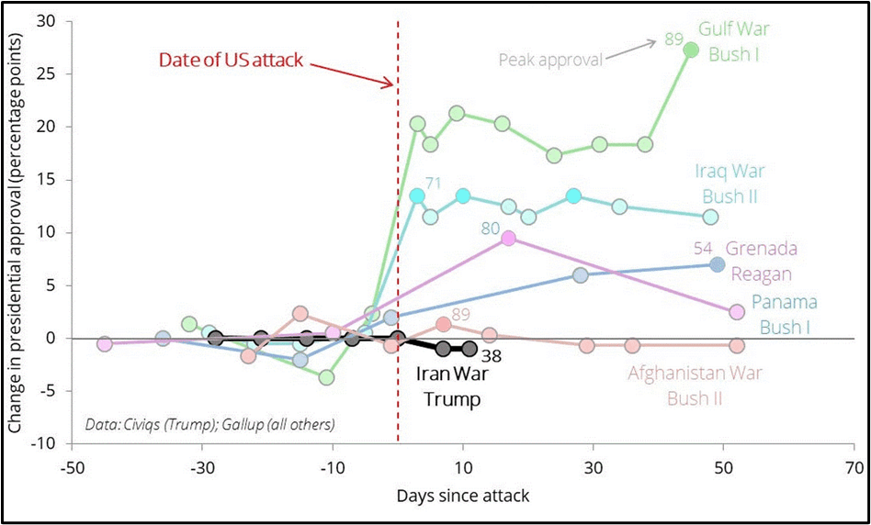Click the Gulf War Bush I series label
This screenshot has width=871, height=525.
click(739, 41)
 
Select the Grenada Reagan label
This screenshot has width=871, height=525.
click(760, 261)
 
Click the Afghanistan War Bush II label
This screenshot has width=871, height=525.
click(696, 385)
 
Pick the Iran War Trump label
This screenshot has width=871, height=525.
click(447, 385)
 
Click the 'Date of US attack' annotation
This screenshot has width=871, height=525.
click(231, 61)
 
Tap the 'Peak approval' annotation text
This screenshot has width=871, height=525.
click(550, 61)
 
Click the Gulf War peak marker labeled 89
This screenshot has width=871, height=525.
click(692, 50)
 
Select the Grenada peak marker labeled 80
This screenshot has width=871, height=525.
click(509, 238)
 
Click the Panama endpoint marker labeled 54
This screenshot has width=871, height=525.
click(718, 264)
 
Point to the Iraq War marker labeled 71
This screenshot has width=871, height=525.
click(417, 195)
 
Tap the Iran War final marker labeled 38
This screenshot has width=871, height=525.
click(469, 349)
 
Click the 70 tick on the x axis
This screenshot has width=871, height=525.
click(854, 465)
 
